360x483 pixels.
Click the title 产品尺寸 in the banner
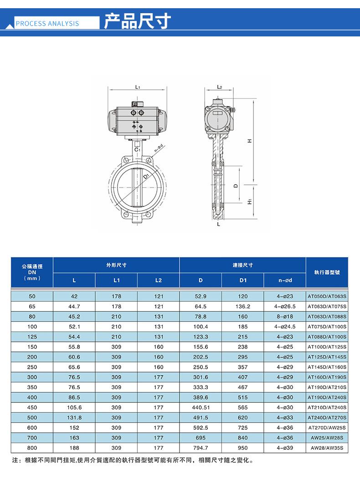click(137, 21)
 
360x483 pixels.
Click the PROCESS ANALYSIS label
click(47, 24)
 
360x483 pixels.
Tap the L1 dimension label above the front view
click(137, 86)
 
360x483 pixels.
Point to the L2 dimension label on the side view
click(219, 86)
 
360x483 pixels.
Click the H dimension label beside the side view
click(249, 141)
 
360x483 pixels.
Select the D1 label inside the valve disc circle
click(145, 176)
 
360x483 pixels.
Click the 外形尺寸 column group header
click(116, 265)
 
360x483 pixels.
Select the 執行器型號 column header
click(327, 272)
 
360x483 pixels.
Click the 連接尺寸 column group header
click(242, 265)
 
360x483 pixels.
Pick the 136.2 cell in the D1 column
click(242, 306)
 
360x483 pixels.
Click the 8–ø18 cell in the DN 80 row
click(285, 316)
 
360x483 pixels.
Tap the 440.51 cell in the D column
click(201, 407)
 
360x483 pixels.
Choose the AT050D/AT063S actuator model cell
click(327, 296)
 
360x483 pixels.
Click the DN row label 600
click(32, 427)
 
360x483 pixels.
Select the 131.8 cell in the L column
click(74, 417)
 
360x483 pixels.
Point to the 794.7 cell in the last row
click(201, 447)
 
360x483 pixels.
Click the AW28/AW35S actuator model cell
click(327, 448)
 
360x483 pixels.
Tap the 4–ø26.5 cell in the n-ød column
click(285, 306)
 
